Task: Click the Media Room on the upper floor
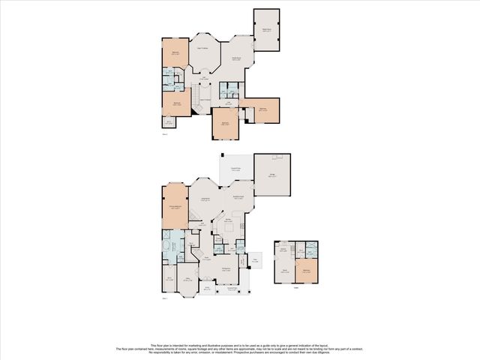point(266,30)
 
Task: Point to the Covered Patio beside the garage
point(235,170)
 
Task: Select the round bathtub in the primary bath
point(165,245)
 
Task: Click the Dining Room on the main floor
point(226,269)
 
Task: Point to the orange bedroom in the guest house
point(305,272)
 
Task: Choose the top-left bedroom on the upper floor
point(175,53)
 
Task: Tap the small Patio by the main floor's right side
point(255,261)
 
